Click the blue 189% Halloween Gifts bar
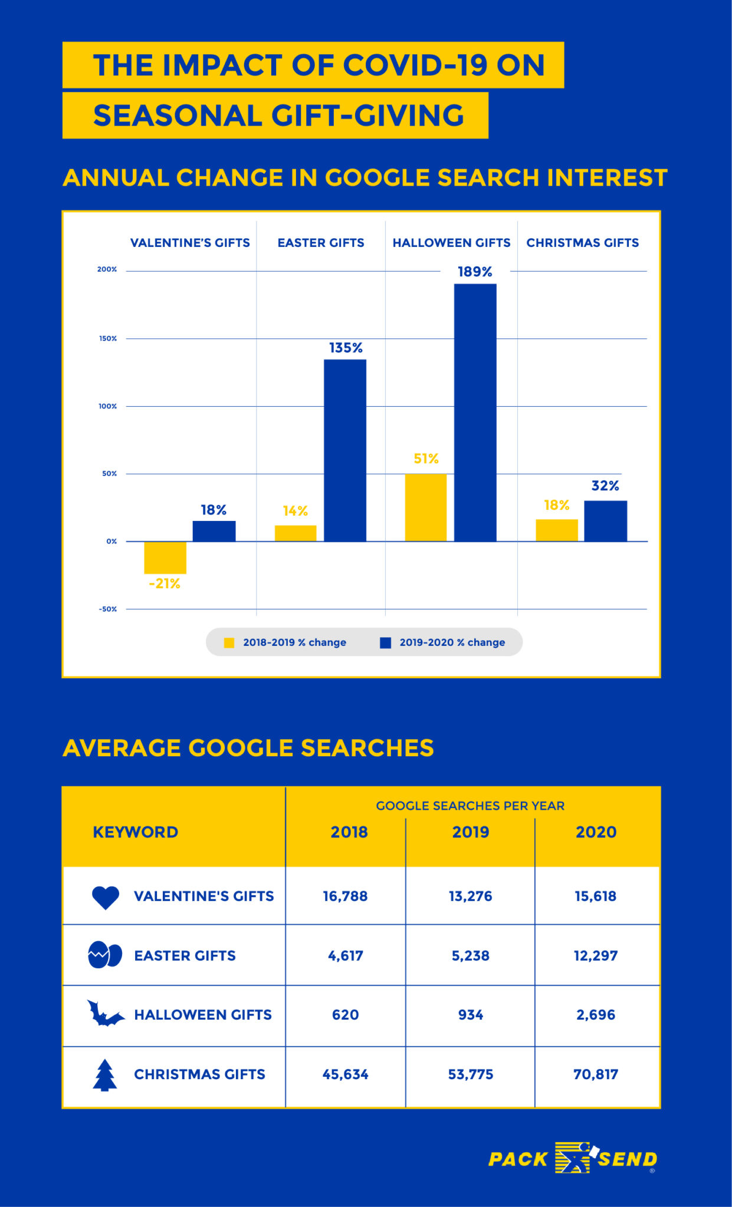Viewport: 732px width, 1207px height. pos(475,413)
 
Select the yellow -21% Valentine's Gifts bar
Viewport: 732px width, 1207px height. pos(165,558)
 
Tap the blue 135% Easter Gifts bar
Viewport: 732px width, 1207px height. pos(345,450)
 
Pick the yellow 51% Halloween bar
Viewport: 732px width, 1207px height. pos(426,507)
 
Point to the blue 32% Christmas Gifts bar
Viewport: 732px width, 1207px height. pos(605,521)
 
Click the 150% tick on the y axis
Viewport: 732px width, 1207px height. pos(108,339)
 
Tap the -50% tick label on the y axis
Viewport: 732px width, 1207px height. pos(108,609)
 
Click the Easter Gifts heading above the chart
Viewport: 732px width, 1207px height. pos(321,243)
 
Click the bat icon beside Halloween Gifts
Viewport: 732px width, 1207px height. pos(105,1014)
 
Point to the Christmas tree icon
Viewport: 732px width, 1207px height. pos(105,1075)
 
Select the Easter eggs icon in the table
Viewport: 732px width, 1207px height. pos(105,955)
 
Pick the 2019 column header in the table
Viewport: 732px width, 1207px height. pos(471,832)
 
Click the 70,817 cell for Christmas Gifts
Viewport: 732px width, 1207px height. pos(596,1074)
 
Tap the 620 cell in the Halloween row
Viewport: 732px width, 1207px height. pos(345,1015)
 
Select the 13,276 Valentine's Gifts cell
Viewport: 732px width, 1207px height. pos(471,896)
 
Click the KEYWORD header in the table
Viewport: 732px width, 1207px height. pos(136,832)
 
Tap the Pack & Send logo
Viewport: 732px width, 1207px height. pos(572,1158)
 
